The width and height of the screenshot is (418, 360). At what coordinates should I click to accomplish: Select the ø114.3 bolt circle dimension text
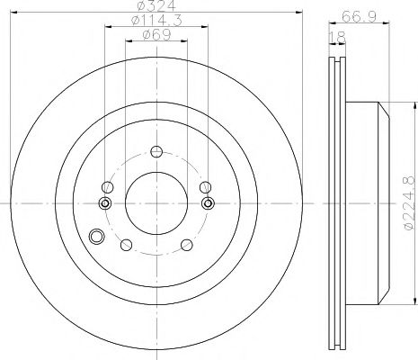pos(156,21)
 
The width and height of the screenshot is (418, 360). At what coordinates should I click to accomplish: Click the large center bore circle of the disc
pos(156,203)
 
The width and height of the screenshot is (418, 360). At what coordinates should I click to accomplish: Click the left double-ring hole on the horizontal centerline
pos(104,203)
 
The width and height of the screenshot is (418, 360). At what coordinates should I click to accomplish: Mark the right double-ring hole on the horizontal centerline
pos(208,203)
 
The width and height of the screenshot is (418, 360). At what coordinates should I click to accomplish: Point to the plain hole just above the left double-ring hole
pos(107,186)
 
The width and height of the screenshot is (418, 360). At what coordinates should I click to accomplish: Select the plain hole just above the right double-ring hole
pos(205,186)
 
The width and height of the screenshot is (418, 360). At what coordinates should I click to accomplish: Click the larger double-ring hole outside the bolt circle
pos(98,238)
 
